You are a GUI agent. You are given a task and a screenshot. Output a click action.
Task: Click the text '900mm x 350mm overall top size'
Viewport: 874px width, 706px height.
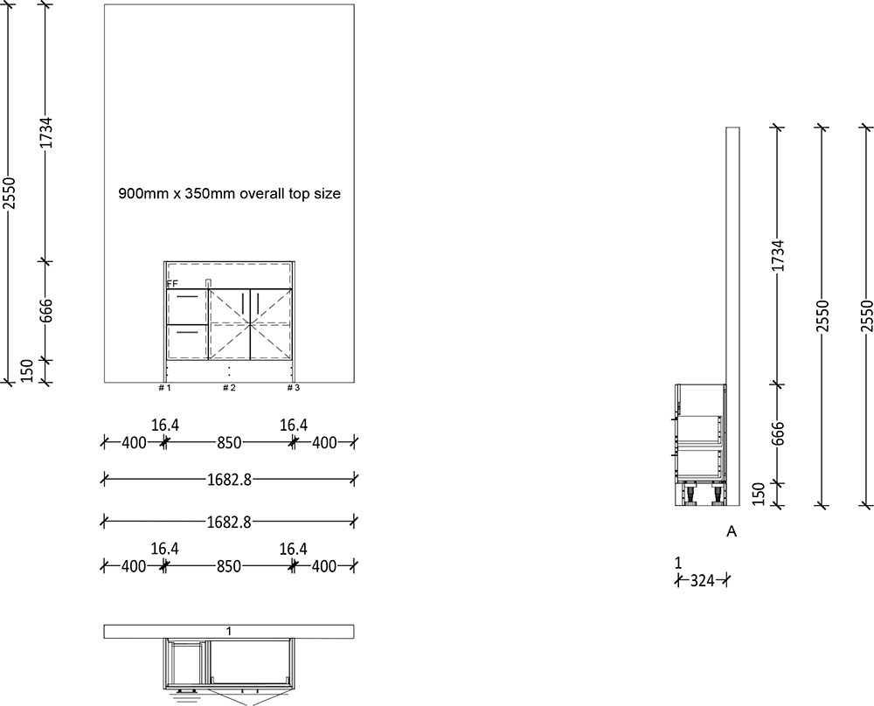pyautogui.click(x=229, y=194)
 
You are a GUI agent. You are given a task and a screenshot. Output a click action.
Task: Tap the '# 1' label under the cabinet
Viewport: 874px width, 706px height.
pyautogui.click(x=163, y=387)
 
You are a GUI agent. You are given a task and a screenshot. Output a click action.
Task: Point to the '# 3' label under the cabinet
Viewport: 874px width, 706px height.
pyautogui.click(x=294, y=387)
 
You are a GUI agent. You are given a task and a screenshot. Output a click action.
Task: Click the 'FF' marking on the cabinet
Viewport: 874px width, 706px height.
pyautogui.click(x=172, y=284)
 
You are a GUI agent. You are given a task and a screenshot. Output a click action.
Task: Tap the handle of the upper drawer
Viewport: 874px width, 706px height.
pyautogui.click(x=186, y=298)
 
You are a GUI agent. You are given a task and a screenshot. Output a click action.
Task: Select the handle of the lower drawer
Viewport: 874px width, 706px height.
pyautogui.click(x=186, y=332)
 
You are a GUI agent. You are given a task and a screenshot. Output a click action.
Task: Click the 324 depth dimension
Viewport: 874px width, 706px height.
pyautogui.click(x=703, y=579)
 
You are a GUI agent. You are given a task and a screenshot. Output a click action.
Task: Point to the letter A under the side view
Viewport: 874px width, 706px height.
pyautogui.click(x=732, y=530)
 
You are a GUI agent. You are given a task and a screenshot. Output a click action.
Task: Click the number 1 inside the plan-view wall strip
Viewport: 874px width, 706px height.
pyautogui.click(x=228, y=631)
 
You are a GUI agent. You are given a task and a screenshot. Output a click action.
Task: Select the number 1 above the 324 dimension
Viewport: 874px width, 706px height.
pyautogui.click(x=678, y=563)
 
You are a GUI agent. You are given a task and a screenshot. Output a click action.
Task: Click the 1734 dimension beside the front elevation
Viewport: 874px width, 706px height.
pyautogui.click(x=48, y=133)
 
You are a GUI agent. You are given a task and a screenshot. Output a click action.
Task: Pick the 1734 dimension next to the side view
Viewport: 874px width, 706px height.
pyautogui.click(x=778, y=254)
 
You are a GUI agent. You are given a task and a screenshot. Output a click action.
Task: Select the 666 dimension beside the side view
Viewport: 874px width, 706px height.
pyautogui.click(x=778, y=433)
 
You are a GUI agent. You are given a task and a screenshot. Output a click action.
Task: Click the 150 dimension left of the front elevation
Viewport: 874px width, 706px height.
pyautogui.click(x=26, y=370)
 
